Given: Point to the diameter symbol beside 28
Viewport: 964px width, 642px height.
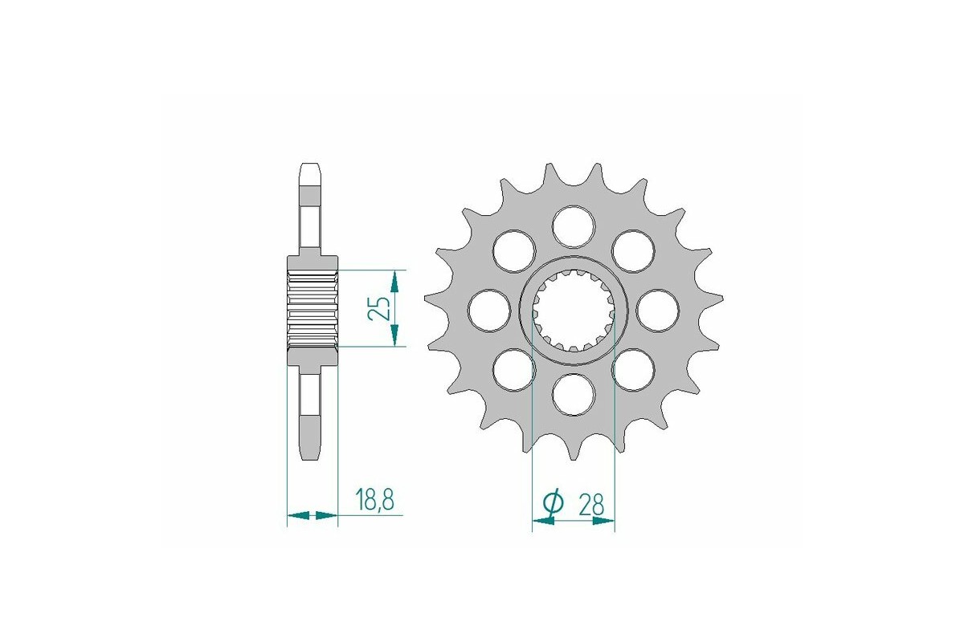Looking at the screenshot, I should [553, 503].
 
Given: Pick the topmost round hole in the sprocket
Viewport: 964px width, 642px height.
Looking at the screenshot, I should [574, 226].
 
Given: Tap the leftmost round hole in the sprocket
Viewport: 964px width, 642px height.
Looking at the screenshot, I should [490, 310].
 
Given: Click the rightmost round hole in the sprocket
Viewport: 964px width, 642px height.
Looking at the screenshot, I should [657, 310].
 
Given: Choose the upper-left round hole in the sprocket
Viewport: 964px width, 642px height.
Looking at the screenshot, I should [514, 250].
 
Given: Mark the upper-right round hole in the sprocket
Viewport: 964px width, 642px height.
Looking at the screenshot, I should [633, 250].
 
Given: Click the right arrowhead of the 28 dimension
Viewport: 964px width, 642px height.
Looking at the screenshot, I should [604, 522].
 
